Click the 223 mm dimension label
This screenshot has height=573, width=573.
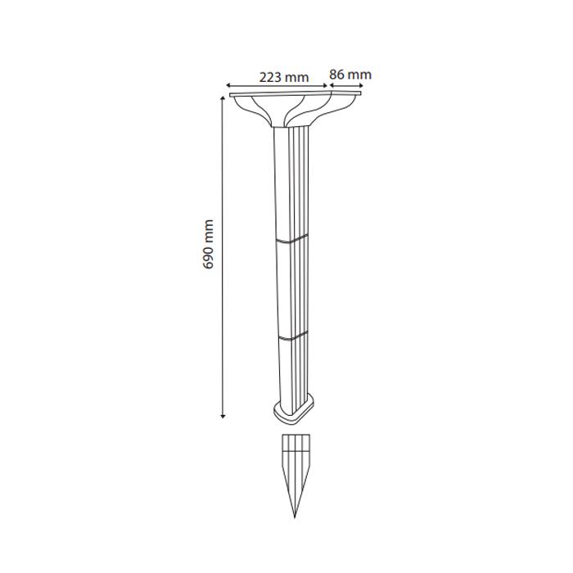click(284, 77)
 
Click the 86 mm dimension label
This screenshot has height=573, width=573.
click(350, 74)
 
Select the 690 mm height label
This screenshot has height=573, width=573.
click(208, 244)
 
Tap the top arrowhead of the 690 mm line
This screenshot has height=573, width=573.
click(223, 98)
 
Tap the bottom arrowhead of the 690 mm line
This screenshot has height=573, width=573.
click(223, 416)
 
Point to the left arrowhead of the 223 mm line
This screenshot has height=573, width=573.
click(228, 85)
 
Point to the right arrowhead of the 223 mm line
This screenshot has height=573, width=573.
click(325, 85)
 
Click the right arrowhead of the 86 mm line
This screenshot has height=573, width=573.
click(361, 85)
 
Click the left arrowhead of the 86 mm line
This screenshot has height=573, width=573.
click(332, 85)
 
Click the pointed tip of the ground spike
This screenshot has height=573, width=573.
click(295, 517)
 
